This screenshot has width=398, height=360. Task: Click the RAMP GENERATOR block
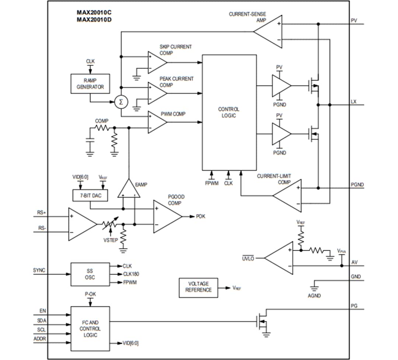click(x=90, y=84)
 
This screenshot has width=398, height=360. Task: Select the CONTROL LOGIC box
click(x=229, y=112)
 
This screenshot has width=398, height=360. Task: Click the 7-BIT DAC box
click(x=90, y=195)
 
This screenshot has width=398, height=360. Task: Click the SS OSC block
click(x=90, y=274)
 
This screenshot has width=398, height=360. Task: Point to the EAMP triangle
click(x=129, y=190)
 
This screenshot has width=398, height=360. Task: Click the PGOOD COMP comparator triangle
click(x=166, y=216)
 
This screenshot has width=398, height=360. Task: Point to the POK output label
click(x=200, y=216)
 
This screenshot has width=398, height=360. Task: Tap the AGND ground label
click(x=314, y=296)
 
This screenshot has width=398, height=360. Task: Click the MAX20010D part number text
click(x=94, y=19)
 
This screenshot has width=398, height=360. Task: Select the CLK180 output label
click(x=131, y=274)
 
